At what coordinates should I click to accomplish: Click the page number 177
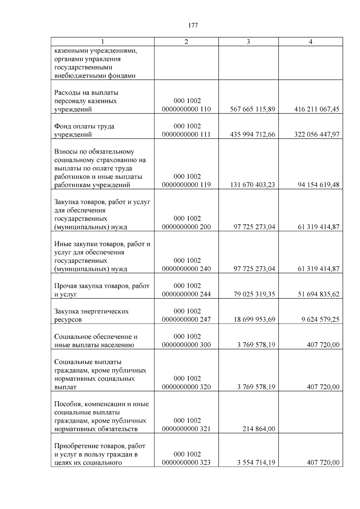coord(193,25)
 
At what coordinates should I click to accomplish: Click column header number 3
coord(248,42)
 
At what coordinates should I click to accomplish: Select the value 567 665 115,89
coord(252,109)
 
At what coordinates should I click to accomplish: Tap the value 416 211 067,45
coord(317,109)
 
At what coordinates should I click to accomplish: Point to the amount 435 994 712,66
coord(252,135)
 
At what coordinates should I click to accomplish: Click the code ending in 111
coord(186,135)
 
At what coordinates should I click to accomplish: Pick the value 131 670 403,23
coord(252,185)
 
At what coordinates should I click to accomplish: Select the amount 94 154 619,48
coord(318,185)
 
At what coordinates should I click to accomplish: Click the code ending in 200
coord(186,227)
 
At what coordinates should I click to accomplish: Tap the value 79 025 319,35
coord(254,294)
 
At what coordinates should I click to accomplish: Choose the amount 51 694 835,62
coord(318,294)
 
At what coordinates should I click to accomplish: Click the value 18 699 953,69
coord(254,320)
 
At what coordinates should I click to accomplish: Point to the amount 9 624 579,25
coord(320,320)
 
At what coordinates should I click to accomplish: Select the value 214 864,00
coord(259,429)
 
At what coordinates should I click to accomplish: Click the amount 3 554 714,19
coord(256,463)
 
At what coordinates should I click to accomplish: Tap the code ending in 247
coord(186,320)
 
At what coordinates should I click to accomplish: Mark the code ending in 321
coord(186,429)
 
